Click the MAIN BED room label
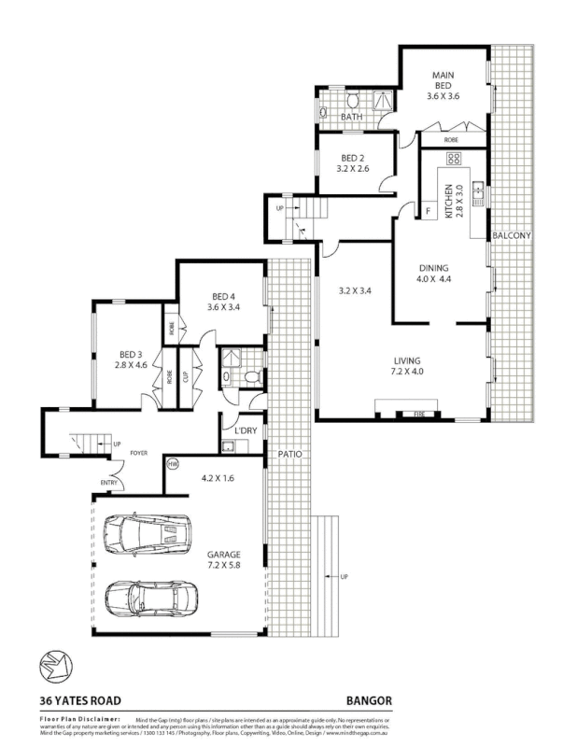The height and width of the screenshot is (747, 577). click(442, 85)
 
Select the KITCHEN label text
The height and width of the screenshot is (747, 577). click(448, 201)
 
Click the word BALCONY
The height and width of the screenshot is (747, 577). click(512, 236)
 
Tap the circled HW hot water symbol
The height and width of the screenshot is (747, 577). click(173, 463)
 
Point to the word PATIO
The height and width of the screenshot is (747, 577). click(288, 454)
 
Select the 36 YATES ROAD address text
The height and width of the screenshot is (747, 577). click(79, 699)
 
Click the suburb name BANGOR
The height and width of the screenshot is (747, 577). click(370, 699)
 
